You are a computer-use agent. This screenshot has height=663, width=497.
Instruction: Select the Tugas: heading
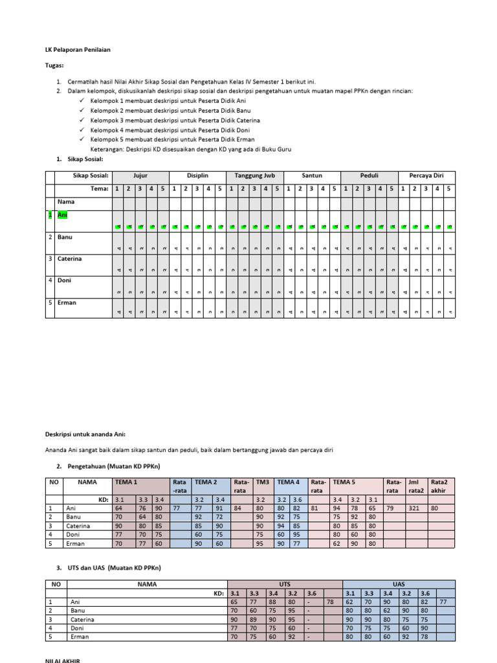point(54,66)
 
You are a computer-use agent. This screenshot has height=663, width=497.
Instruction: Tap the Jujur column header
point(140,176)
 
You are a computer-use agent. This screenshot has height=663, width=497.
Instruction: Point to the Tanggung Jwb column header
point(254,176)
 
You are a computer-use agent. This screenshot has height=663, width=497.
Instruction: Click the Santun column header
point(312,176)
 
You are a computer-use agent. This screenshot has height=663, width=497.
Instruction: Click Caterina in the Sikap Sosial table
point(70,258)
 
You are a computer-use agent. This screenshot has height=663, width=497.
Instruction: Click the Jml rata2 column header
point(415,486)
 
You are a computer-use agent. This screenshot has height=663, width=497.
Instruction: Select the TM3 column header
point(262,482)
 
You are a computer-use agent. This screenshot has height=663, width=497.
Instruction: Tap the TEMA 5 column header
point(344,482)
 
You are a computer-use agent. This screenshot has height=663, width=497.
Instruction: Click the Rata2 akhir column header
point(441,486)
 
